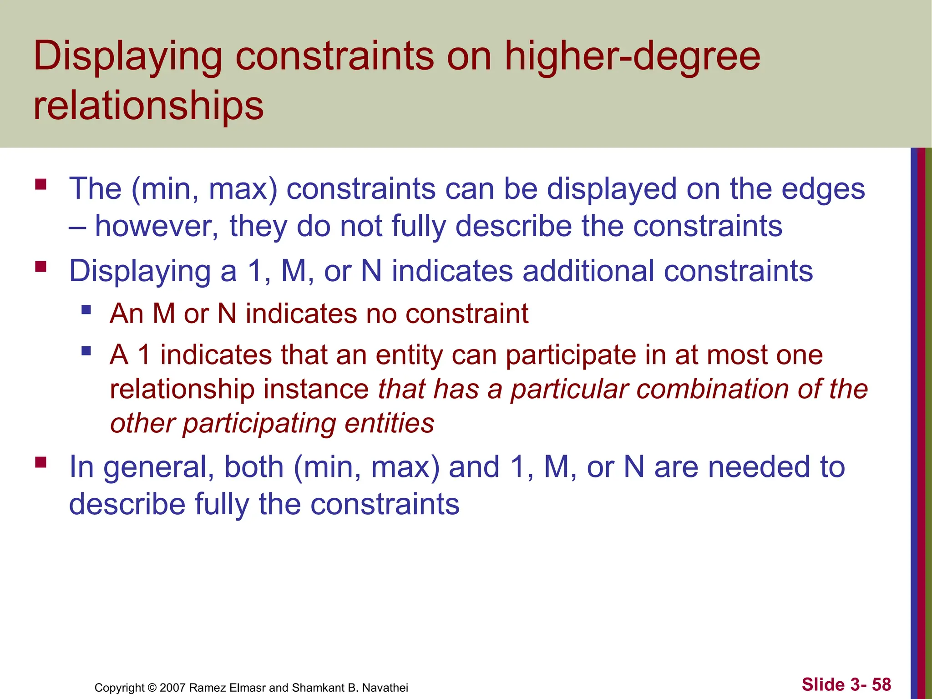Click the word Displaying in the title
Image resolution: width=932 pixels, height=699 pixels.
coord(128,57)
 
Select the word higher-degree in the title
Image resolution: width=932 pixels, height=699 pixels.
coord(632,57)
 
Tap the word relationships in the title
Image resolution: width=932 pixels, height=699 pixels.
coord(148,106)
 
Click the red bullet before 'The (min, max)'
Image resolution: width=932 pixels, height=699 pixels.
coord(41,184)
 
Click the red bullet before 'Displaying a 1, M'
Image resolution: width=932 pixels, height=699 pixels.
coord(41,266)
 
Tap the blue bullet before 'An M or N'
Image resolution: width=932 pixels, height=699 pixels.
coord(86,310)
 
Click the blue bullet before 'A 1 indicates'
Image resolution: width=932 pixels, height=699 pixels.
coord(86,351)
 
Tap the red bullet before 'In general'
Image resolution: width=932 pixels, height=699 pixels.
coord(41,463)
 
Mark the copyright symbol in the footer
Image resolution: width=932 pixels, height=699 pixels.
coord(152,688)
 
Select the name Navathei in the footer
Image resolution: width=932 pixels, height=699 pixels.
coord(385,688)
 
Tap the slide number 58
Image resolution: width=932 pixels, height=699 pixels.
coord(881,684)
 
